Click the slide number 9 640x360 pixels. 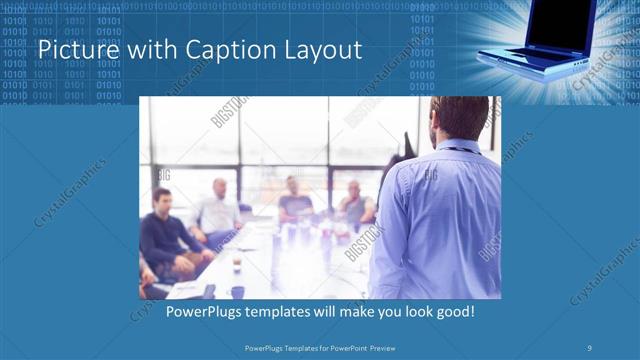tap(590, 347)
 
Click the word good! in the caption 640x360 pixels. tap(453, 313)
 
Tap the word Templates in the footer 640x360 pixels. tap(290, 347)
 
